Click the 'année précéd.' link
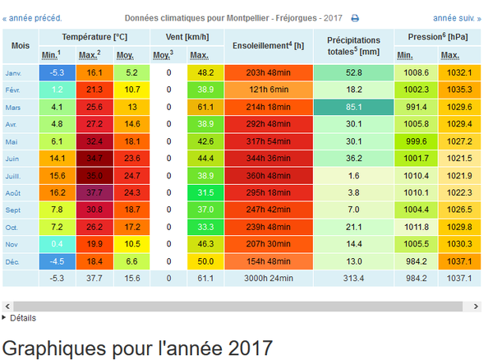pos(32,18)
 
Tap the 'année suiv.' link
pos(457,18)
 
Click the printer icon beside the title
pos(355,18)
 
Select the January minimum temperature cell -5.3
pos(58,72)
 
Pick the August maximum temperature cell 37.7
pos(94,192)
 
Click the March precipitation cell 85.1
pos(353,107)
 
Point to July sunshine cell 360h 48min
pos(269,176)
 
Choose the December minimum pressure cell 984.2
pos(416,261)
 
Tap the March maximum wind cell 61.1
pos(205,107)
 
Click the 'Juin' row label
pos(12,159)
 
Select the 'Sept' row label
pos(13,210)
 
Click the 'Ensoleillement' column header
pos(268,46)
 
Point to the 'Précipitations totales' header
pos(353,46)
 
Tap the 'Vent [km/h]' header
pos(187,37)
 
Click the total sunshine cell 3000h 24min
pos(269,279)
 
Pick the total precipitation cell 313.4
pos(353,279)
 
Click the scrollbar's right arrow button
pos(476,307)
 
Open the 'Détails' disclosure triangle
pos(4,317)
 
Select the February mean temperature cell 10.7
pos(132,90)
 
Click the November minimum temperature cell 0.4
pos(58,244)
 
